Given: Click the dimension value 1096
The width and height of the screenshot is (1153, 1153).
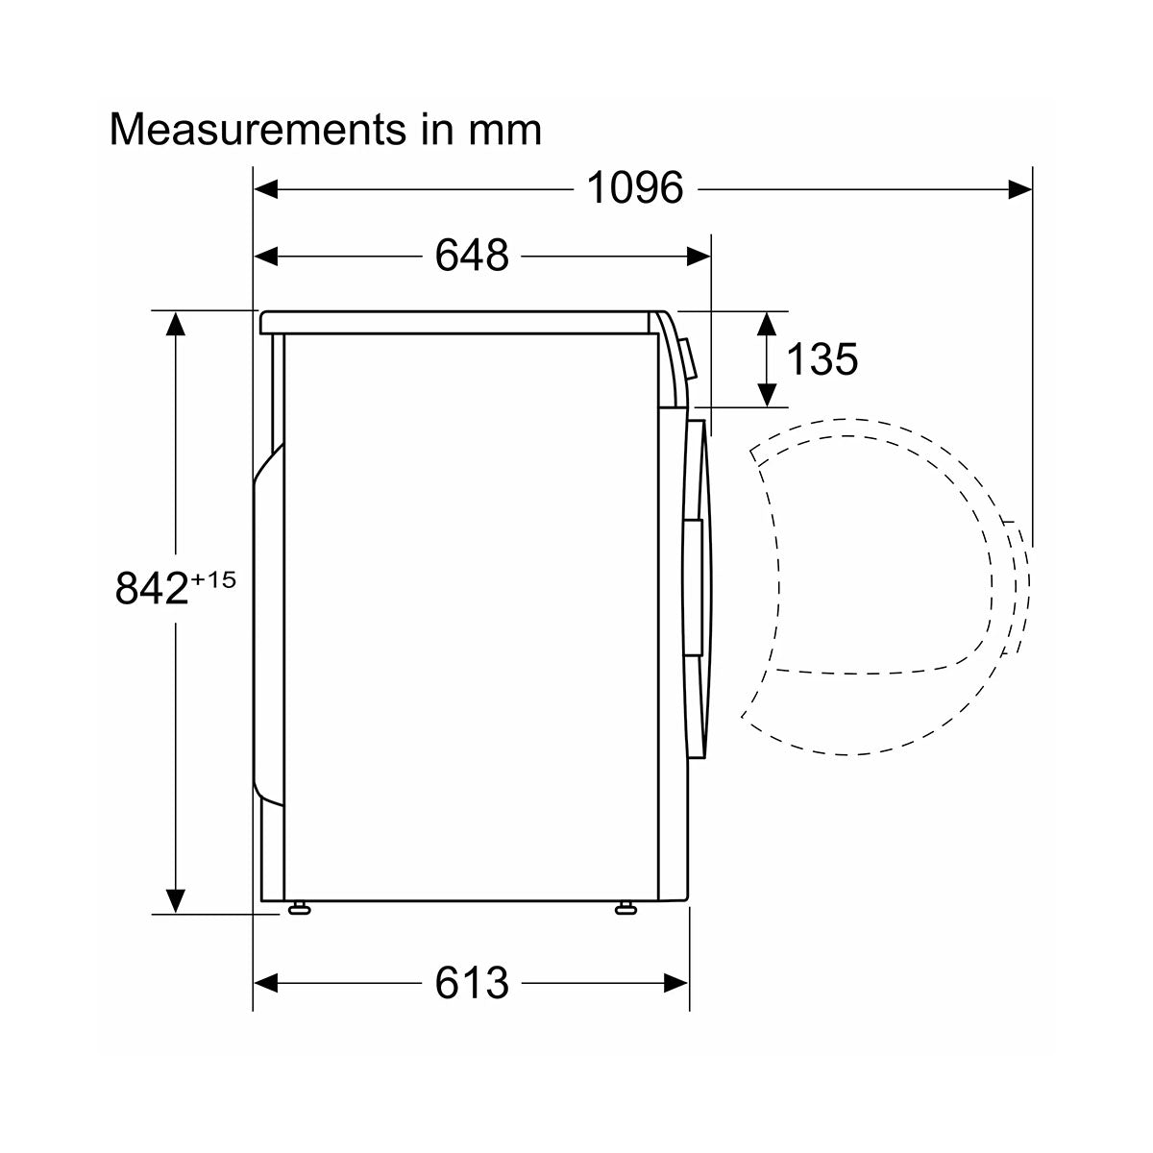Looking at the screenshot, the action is pos(634,188).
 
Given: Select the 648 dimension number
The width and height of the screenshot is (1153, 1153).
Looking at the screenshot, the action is pos(472,256).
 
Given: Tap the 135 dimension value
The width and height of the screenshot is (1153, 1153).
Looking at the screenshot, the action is pos(822,359).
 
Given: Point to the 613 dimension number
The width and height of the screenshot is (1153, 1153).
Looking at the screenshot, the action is pos(472,983).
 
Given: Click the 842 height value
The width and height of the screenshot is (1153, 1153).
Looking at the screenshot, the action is pos(152,588).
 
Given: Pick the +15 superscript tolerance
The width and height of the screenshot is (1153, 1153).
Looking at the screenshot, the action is pos(213,579).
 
